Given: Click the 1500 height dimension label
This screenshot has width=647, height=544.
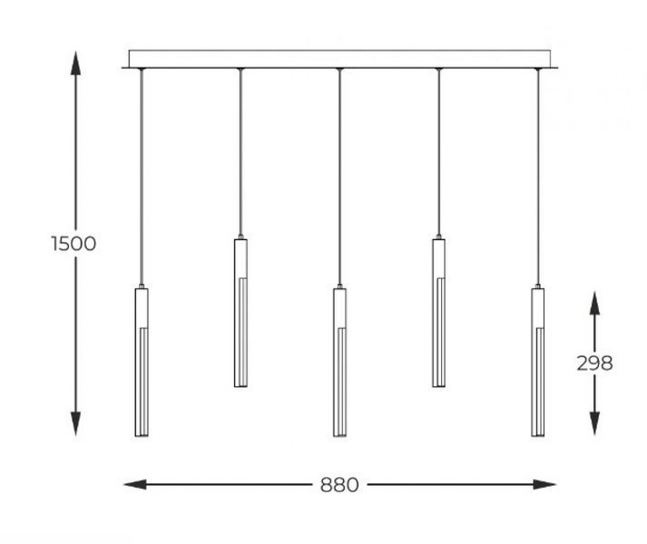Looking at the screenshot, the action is pos(74,243).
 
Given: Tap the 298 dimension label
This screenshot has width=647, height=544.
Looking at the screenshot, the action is pos(594,364).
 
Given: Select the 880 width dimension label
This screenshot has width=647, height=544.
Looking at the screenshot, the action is pos(339,485).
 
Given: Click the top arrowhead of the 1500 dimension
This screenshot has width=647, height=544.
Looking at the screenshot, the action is pos(75,63).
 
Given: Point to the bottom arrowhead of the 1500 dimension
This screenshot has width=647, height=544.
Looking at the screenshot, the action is pos(75,423).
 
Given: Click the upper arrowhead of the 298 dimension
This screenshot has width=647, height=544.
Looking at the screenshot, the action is pos(594,304).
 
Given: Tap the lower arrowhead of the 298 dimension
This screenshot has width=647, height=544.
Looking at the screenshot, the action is pos(594,423).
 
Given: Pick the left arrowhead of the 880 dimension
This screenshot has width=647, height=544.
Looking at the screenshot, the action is pos(135,484).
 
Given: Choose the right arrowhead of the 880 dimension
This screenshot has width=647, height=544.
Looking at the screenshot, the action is pos(544,484).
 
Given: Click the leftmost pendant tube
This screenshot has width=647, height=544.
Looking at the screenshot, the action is pos(142,362).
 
